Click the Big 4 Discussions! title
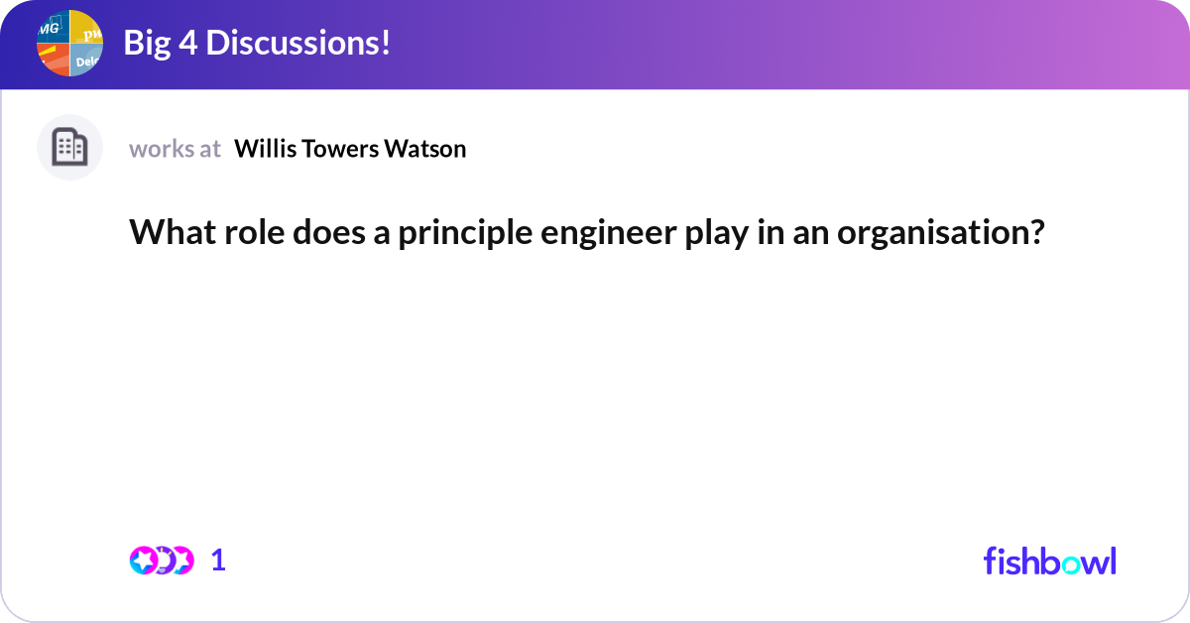[256, 44]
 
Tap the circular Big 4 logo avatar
[69, 44]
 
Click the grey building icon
[69, 148]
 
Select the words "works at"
[175, 149]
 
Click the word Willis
[262, 149]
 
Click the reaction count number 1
[219, 561]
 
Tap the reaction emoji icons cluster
[162, 561]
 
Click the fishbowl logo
[1049, 561]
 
